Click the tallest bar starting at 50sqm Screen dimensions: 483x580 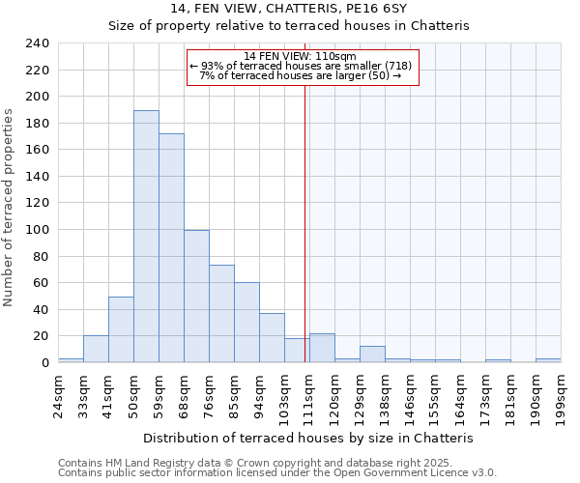tap(146, 237)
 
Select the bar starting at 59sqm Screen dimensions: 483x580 tap(171, 248)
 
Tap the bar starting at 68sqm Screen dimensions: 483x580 tap(196, 297)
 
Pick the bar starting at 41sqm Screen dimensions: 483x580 tap(121, 329)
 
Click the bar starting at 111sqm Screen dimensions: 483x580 tap(322, 348)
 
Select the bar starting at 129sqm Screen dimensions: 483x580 tap(372, 355)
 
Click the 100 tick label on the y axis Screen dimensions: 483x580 tap(36, 230)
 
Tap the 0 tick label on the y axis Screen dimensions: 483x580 tap(44, 363)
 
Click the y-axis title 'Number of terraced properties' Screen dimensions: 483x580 tap(10, 208)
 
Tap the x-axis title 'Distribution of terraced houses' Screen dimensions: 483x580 tap(314, 438)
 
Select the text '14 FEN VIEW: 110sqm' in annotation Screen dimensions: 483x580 tap(301, 56)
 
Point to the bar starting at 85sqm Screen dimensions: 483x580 tap(246, 323)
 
